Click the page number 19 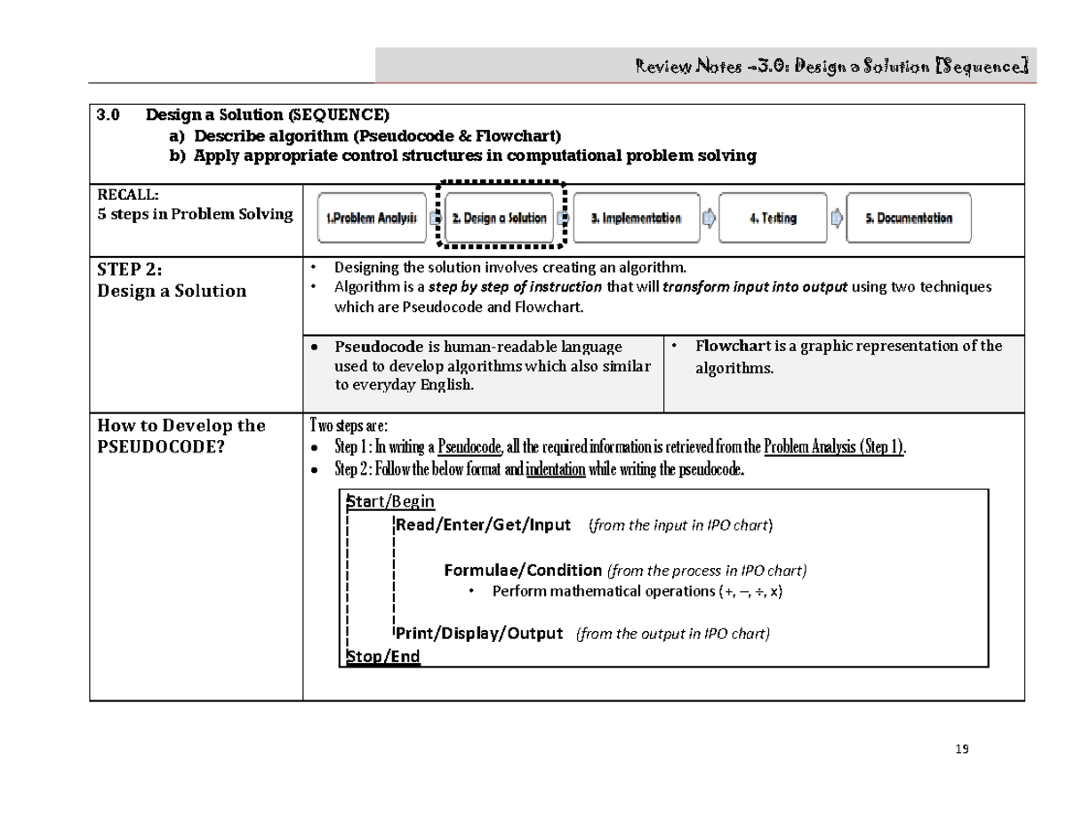(960, 749)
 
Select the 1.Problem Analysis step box (371, 219)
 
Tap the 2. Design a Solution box (499, 219)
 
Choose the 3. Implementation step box (636, 219)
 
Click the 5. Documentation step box (908, 219)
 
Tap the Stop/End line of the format (383, 657)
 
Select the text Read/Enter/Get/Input (483, 525)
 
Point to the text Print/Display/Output (479, 634)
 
